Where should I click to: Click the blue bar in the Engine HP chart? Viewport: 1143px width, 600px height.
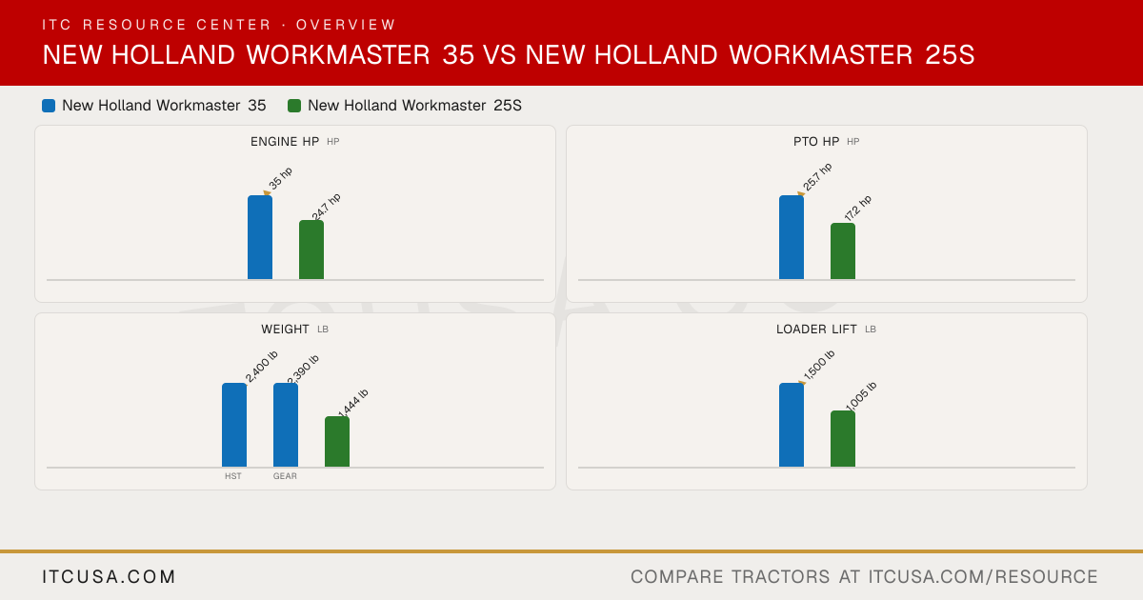(260, 237)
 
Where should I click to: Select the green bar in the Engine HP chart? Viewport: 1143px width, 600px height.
(311, 250)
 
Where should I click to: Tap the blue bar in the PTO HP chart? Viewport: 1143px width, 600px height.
(792, 237)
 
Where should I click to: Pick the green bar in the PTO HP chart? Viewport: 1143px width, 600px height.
(843, 251)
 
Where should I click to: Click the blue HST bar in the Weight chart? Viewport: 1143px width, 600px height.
(234, 425)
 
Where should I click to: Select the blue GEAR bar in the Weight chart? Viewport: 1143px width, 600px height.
(286, 425)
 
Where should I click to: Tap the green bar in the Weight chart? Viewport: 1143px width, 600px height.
(337, 442)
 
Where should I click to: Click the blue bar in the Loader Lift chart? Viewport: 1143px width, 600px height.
(792, 425)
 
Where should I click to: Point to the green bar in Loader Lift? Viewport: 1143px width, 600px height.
(843, 439)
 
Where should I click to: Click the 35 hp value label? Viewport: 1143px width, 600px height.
(281, 178)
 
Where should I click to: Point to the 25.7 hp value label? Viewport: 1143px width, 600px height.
(817, 176)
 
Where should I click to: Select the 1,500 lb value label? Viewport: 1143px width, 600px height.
(819, 365)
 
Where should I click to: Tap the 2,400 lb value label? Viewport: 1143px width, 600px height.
(261, 367)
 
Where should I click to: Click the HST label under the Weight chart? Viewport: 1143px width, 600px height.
(233, 476)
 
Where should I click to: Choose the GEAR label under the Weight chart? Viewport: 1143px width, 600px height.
(285, 476)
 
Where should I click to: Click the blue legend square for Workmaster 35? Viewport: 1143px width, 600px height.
(49, 106)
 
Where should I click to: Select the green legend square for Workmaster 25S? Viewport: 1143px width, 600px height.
(294, 106)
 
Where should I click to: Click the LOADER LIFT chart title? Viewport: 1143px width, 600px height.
(816, 330)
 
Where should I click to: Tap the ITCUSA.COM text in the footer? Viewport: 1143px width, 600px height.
(109, 576)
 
